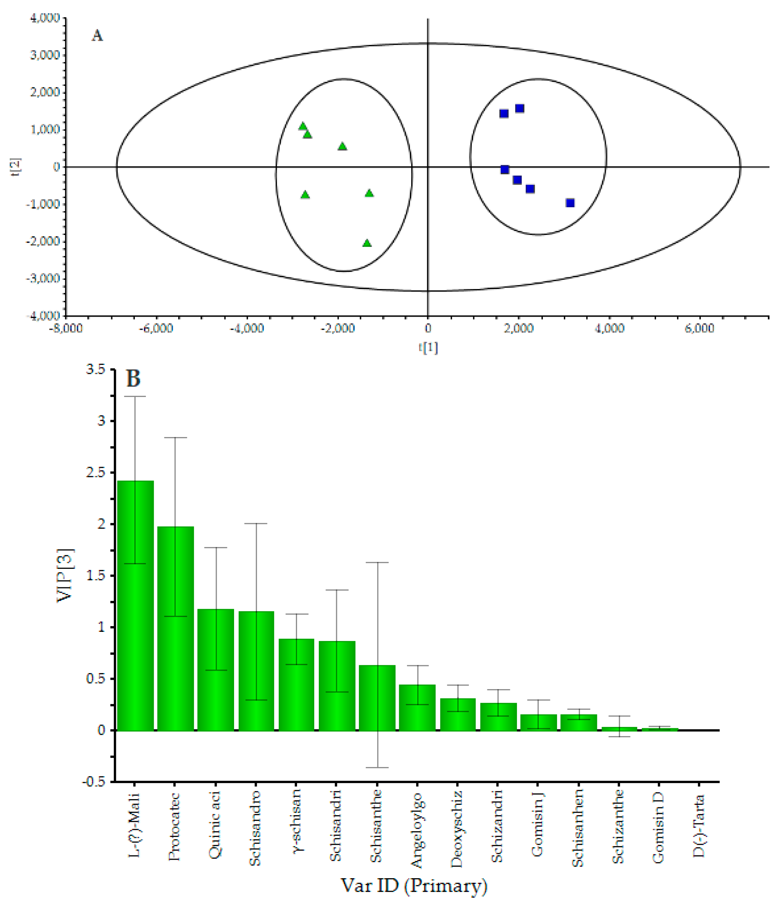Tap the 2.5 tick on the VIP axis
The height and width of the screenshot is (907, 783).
[96, 473]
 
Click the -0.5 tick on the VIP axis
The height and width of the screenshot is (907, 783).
[94, 782]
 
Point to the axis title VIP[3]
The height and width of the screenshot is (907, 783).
[65, 576]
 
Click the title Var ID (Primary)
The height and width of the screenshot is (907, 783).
[414, 886]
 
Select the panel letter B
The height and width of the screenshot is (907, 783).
[133, 378]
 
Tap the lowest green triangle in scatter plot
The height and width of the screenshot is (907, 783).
[367, 243]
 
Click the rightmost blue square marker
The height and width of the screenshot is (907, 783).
[570, 203]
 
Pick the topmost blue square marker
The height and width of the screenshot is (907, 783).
[520, 108]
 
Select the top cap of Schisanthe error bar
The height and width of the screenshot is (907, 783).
[377, 562]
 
